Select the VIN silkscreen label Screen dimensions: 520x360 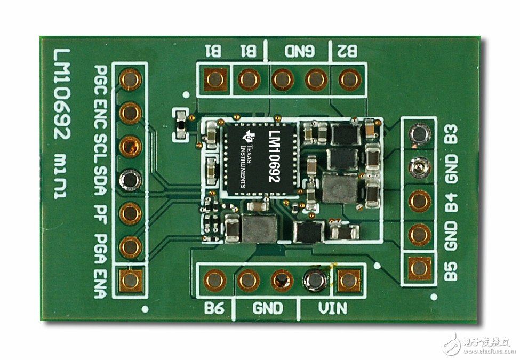[333, 309]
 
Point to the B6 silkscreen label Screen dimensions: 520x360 [214, 309]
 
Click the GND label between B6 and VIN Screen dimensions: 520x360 [268, 309]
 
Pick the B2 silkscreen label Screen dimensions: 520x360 [348, 51]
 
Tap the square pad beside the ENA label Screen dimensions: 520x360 [130, 281]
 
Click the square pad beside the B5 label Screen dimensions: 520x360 [419, 268]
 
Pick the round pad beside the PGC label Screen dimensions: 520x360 [130, 79]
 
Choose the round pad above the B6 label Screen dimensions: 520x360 [214, 281]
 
